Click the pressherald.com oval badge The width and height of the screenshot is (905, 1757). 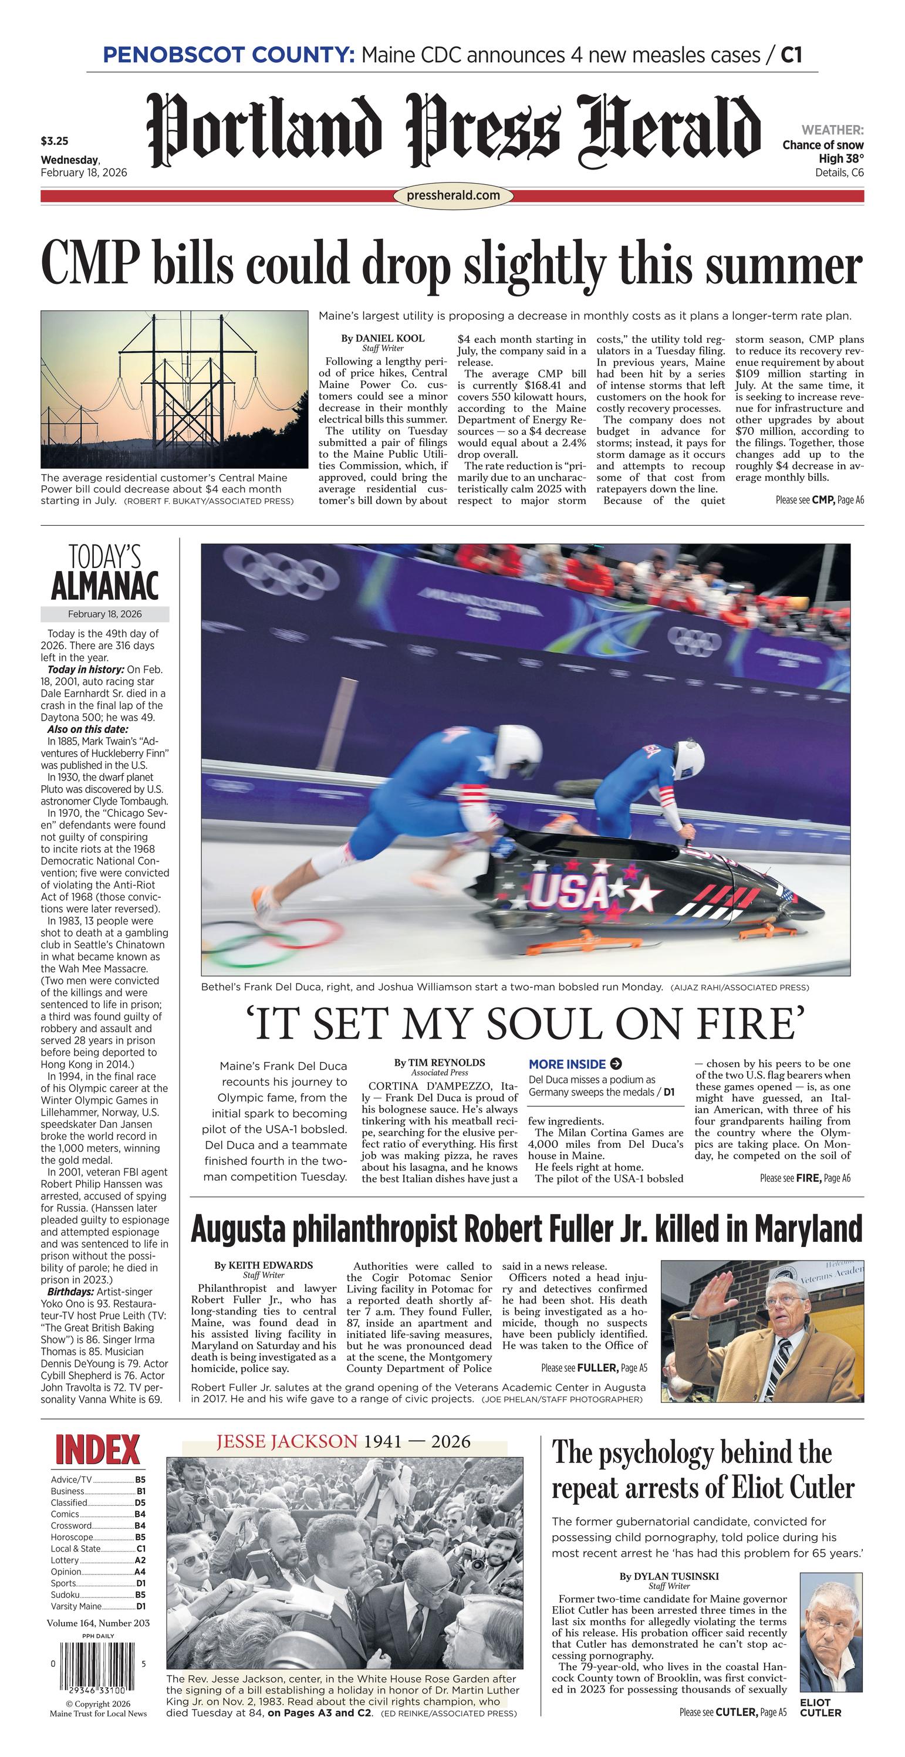[x=452, y=196]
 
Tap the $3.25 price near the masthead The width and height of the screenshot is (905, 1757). [x=55, y=142]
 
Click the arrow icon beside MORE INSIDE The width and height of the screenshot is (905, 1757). [x=616, y=1063]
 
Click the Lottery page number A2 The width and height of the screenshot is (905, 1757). [x=140, y=1560]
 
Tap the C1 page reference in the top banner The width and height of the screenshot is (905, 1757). [x=791, y=55]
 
